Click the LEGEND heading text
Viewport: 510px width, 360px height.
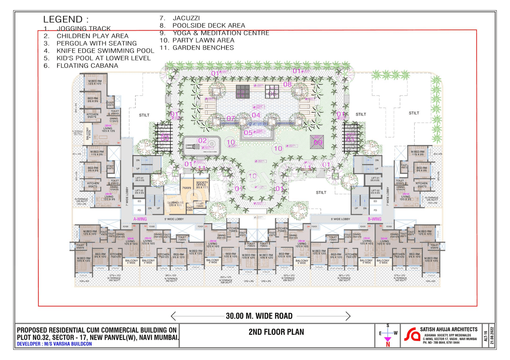tap(66, 19)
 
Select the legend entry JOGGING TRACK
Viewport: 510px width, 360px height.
tap(83, 29)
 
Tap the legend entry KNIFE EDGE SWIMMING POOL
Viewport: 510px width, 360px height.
tap(105, 51)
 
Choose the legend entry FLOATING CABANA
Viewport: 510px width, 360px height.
tap(87, 66)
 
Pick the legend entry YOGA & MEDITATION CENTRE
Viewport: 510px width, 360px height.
tap(221, 33)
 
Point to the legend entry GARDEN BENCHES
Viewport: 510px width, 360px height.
tap(203, 48)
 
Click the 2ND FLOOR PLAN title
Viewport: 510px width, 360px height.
tap(276, 332)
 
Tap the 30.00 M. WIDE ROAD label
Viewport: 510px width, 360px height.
tap(259, 316)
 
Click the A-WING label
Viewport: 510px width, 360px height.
tap(141, 219)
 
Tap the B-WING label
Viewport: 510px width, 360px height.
tap(375, 219)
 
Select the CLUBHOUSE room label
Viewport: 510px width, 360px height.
tap(175, 202)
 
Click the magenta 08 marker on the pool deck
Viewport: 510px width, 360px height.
tap(287, 84)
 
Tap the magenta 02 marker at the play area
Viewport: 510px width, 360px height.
tap(202, 141)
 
